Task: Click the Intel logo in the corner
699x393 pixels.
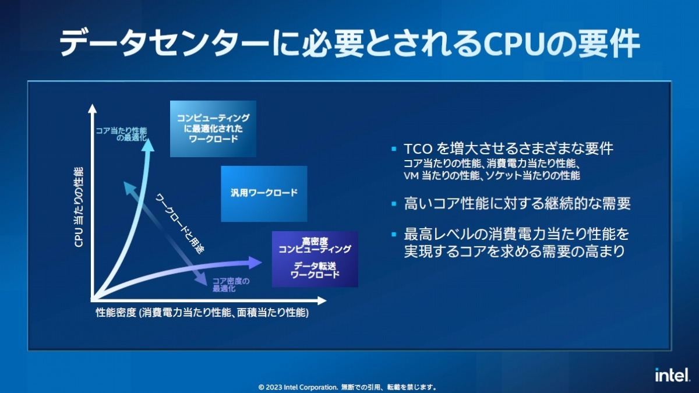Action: pyautogui.click(x=672, y=374)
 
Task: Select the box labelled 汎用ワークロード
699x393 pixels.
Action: pyautogui.click(x=264, y=194)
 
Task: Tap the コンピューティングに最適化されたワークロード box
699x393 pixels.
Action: pyautogui.click(x=213, y=129)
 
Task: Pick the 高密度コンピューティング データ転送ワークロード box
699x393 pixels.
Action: pyautogui.click(x=315, y=259)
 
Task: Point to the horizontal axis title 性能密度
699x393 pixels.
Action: pyautogui.click(x=116, y=313)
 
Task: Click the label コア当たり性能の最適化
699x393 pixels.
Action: pyautogui.click(x=122, y=134)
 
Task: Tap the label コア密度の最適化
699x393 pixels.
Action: pyautogui.click(x=231, y=285)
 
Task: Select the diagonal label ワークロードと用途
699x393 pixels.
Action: pyautogui.click(x=180, y=224)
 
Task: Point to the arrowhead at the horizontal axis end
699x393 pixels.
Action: pyautogui.click(x=322, y=301)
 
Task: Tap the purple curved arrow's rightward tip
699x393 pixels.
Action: pyautogui.click(x=256, y=263)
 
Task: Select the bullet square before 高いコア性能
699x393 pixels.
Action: pyautogui.click(x=394, y=204)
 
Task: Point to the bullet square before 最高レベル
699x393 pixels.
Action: pyautogui.click(x=394, y=234)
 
